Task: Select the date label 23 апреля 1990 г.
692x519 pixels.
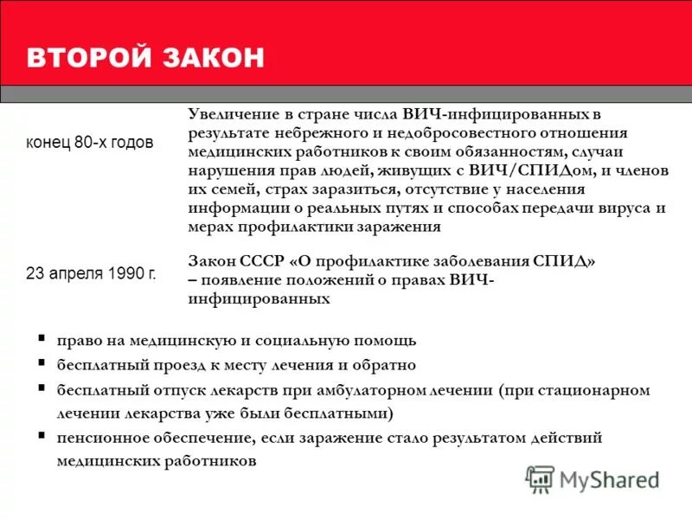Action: point(91,274)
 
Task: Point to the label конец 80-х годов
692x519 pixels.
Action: point(89,144)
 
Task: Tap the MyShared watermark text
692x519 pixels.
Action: point(610,479)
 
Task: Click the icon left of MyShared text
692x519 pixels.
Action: point(540,478)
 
